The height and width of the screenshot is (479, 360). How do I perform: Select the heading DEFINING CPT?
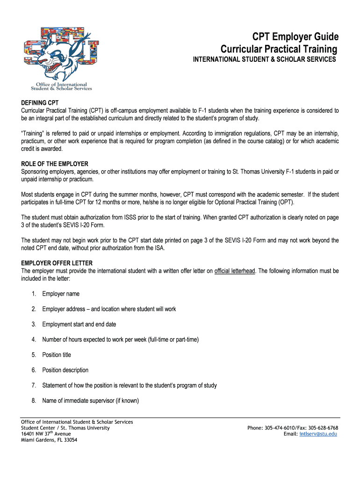click(40, 102)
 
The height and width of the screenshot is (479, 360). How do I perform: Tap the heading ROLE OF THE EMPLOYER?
click(55, 164)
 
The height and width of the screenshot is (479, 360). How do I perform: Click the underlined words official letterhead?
click(235, 271)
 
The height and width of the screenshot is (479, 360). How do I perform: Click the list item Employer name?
click(61, 294)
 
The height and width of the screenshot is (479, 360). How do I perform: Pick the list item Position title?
click(57, 355)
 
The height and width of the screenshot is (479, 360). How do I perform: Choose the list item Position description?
click(65, 370)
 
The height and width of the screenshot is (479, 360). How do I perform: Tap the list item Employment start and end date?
click(79, 324)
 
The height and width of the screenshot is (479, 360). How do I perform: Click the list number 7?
click(34, 385)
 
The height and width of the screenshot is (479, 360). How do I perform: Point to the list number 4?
click(34, 340)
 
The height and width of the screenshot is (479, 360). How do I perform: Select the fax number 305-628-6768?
click(323, 428)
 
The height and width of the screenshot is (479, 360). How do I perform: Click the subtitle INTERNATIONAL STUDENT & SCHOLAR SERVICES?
click(265, 60)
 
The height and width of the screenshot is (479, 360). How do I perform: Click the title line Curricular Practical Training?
click(279, 49)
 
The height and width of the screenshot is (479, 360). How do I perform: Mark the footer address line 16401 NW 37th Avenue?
click(46, 434)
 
